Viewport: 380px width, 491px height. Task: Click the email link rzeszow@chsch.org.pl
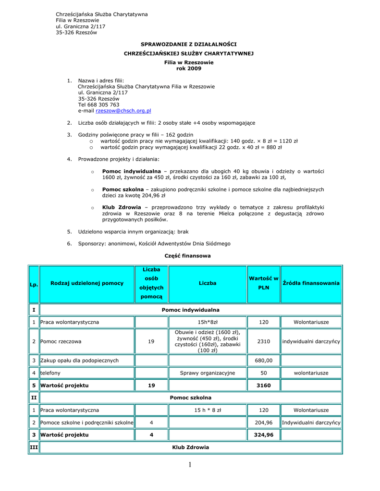click(123, 111)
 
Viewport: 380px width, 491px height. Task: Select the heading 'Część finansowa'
click(187, 256)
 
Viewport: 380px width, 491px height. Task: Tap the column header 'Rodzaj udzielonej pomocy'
click(87, 283)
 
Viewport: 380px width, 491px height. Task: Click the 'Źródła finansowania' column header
click(311, 283)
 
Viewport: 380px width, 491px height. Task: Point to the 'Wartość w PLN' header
click(263, 283)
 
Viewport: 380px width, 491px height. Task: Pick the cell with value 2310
click(263, 341)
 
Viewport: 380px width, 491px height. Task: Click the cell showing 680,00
click(263, 360)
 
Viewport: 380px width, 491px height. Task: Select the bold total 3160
click(263, 385)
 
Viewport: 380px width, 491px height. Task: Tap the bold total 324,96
click(263, 435)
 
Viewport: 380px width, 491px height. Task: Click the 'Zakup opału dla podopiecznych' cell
click(79, 360)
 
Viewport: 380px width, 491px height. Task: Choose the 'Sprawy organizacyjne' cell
click(208, 373)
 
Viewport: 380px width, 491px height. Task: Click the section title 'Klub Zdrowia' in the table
click(191, 447)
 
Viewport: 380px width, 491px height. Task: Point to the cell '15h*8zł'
click(208, 322)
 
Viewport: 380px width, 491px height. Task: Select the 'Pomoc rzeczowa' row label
click(61, 341)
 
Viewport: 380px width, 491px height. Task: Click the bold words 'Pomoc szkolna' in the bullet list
click(123, 190)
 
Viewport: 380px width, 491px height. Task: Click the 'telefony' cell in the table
click(50, 373)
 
